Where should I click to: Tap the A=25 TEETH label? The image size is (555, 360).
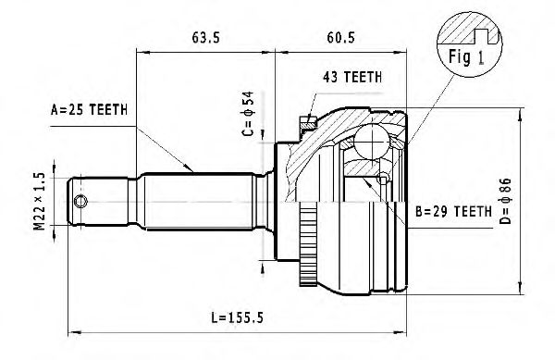pyautogui.click(x=87, y=111)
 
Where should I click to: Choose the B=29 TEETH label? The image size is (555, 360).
pyautogui.click(x=451, y=212)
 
